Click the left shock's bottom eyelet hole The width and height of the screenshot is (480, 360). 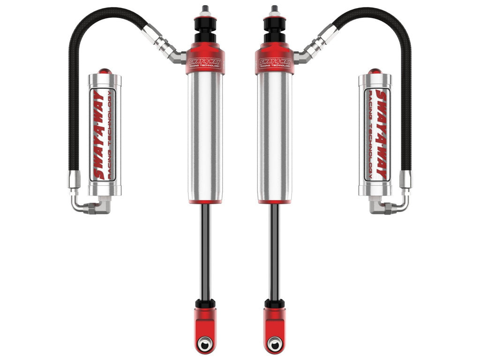[204, 343]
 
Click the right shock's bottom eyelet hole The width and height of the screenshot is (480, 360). [274, 343]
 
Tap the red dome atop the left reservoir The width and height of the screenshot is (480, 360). [105, 71]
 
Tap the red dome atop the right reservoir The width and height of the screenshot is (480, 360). [375, 71]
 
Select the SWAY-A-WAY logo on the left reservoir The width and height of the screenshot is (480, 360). [99, 135]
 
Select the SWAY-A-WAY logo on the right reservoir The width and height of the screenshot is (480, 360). [380, 135]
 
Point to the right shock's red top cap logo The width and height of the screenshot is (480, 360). [274, 62]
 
